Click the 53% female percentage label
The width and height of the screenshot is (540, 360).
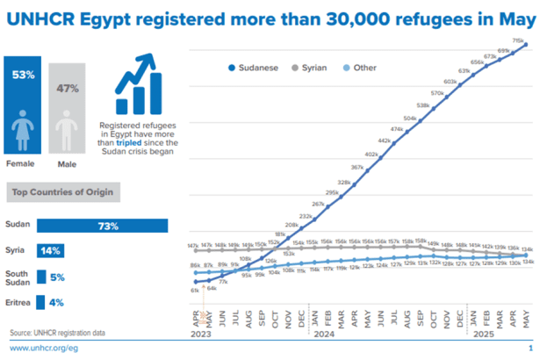click(x=24, y=75)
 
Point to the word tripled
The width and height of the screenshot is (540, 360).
click(x=131, y=142)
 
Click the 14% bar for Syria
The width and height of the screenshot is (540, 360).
click(x=51, y=251)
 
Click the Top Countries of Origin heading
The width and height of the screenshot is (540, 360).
click(x=64, y=191)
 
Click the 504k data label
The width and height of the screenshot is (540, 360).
click(x=410, y=119)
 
